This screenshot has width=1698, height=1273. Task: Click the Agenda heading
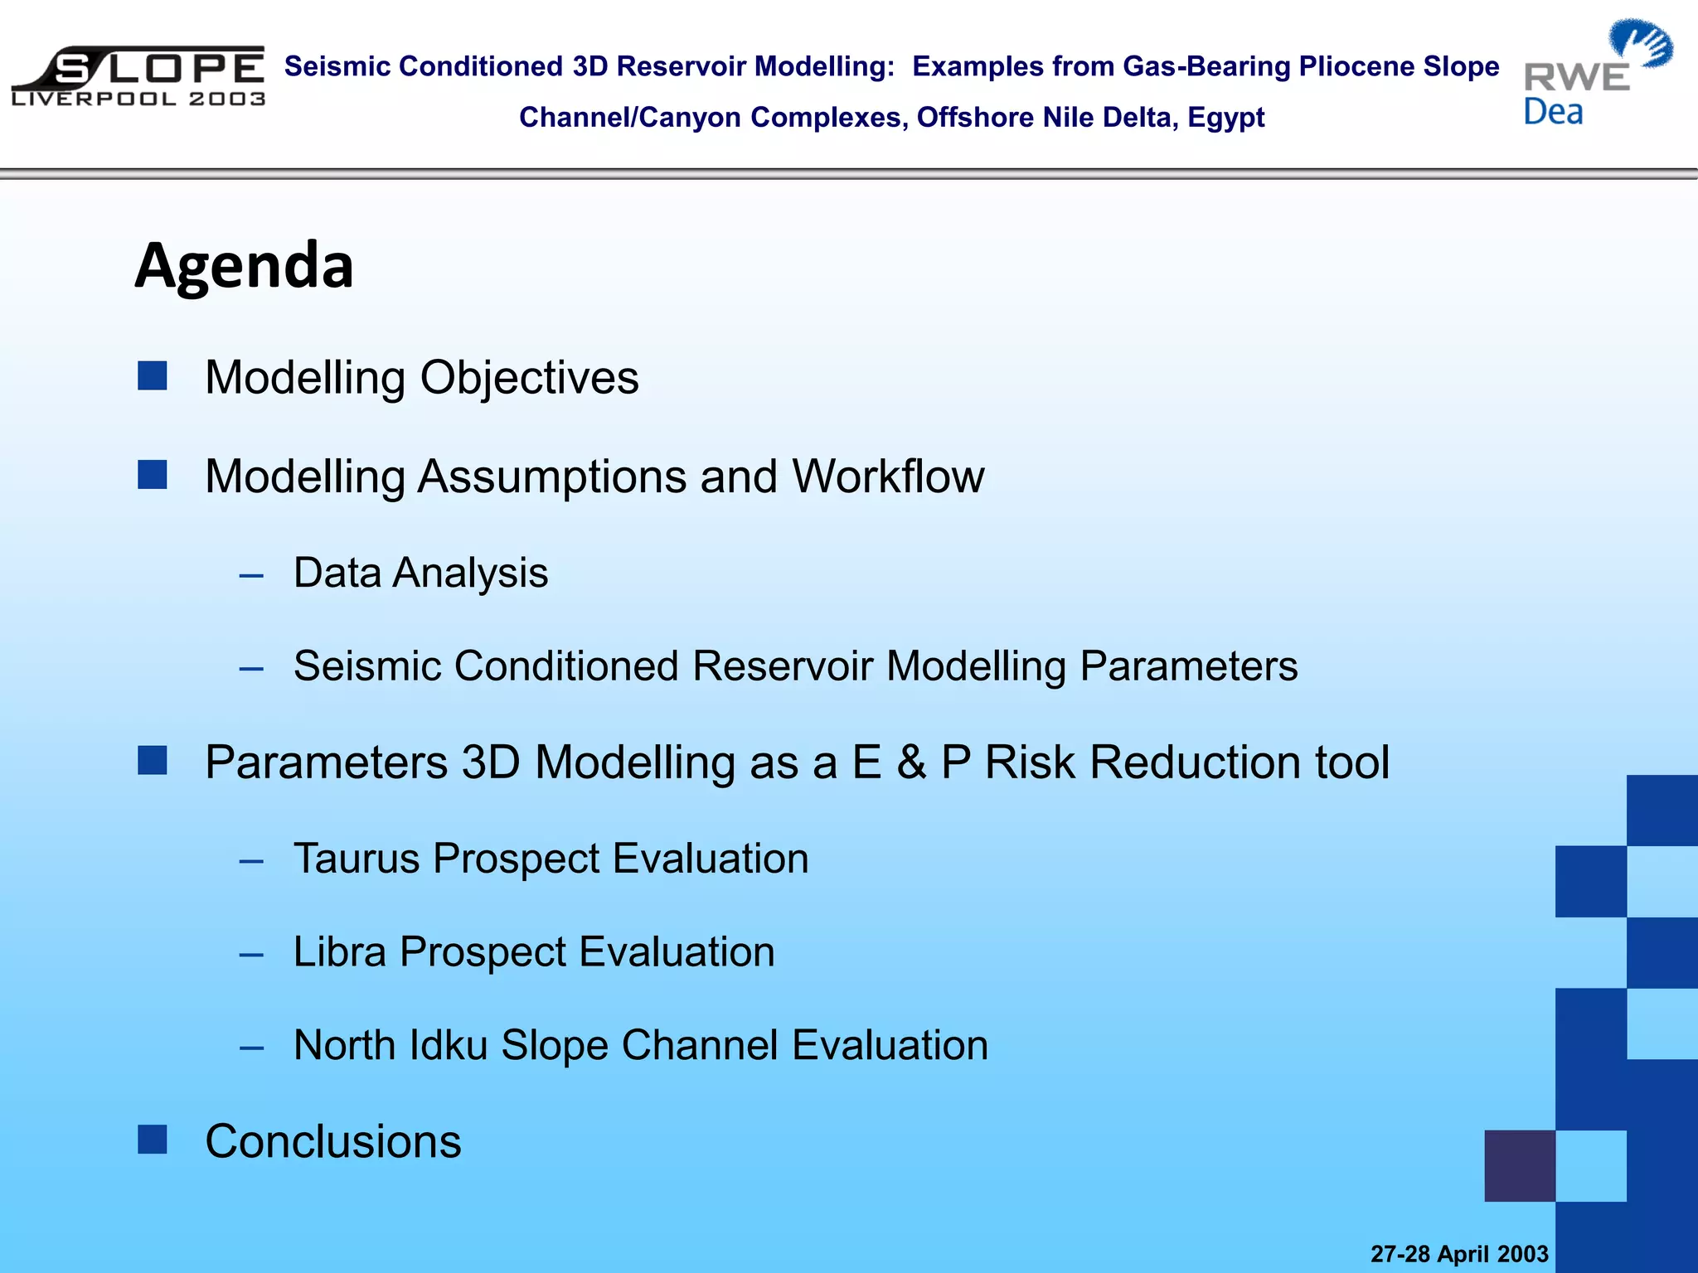(x=245, y=266)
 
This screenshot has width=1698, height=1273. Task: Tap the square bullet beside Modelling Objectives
(x=153, y=375)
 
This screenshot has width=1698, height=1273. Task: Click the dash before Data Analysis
(x=251, y=575)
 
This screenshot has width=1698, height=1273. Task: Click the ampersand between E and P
(x=911, y=762)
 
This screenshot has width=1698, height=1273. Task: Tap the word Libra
(x=340, y=951)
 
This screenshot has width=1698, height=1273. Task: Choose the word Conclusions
(x=333, y=1141)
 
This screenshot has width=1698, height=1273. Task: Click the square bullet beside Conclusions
(x=153, y=1140)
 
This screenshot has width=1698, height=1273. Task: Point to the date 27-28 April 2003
(x=1459, y=1254)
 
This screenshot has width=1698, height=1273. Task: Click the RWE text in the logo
(x=1576, y=78)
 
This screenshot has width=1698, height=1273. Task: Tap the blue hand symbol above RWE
(x=1641, y=43)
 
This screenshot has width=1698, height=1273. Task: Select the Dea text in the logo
(x=1553, y=112)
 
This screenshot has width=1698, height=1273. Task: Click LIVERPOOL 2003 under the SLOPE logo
(x=138, y=99)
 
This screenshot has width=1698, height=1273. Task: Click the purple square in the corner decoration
(x=1520, y=1165)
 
